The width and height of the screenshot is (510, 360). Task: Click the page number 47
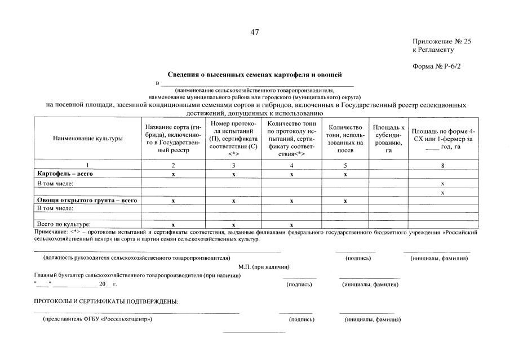(x=255, y=32)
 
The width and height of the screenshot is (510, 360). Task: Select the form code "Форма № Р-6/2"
(x=437, y=66)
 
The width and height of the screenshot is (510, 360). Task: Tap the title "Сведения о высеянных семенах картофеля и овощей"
(x=255, y=74)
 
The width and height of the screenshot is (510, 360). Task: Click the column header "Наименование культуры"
(x=87, y=138)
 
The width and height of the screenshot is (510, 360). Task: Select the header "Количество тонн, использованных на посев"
(x=345, y=138)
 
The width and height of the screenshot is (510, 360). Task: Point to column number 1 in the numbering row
(x=87, y=165)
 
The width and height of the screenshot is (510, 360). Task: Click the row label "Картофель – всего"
(x=65, y=174)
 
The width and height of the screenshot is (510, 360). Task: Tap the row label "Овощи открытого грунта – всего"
(x=87, y=201)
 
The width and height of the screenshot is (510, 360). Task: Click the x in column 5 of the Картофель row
(x=345, y=175)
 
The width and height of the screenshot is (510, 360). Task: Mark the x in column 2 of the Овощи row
(x=173, y=201)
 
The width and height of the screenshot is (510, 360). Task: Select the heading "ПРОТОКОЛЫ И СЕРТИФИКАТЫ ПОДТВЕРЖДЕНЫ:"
(x=107, y=301)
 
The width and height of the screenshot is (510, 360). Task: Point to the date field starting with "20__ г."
(x=107, y=284)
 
